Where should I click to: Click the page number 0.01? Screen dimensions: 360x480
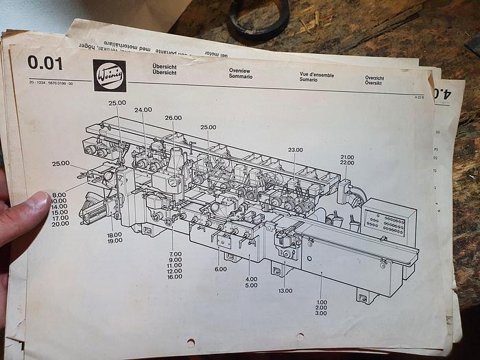click(45, 63)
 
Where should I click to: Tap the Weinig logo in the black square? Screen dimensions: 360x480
click(109, 75)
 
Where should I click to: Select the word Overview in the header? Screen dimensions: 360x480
click(239, 71)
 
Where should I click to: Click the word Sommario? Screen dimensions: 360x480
click(241, 77)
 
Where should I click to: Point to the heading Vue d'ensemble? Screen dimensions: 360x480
click(316, 75)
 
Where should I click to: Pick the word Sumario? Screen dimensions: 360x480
click(308, 80)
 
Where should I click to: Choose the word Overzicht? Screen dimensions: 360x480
click(374, 78)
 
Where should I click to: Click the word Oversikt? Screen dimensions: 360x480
click(374, 84)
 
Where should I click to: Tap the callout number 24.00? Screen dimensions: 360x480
click(143, 110)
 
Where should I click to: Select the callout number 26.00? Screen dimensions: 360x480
click(173, 117)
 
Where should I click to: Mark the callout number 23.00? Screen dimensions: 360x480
click(295, 149)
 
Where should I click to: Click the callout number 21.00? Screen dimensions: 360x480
click(347, 157)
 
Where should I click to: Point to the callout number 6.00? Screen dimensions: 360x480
click(219, 269)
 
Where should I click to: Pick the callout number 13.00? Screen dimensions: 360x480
click(285, 291)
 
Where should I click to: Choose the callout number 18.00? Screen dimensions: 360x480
click(115, 235)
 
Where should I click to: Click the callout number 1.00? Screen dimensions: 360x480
click(321, 301)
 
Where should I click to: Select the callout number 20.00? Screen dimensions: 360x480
click(60, 224)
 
